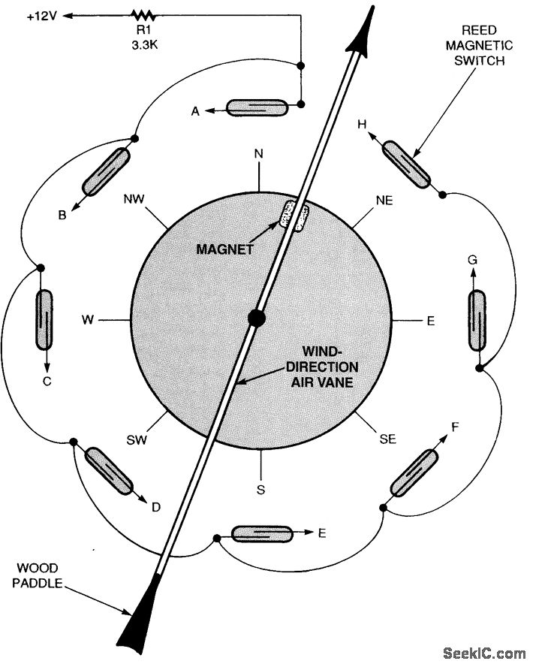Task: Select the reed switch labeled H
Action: (x=406, y=164)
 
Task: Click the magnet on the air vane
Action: (x=294, y=216)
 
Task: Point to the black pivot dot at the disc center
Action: (x=257, y=318)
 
